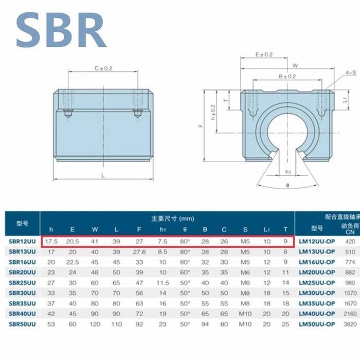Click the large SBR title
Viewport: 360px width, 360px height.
click(x=61, y=31)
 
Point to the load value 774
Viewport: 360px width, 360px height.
click(x=350, y=262)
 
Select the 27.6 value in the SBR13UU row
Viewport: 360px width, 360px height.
click(x=139, y=251)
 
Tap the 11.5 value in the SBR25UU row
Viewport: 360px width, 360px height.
click(x=163, y=282)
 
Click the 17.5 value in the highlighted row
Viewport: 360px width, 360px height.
click(x=51, y=241)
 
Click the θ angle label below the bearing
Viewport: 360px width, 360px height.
click(x=287, y=184)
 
